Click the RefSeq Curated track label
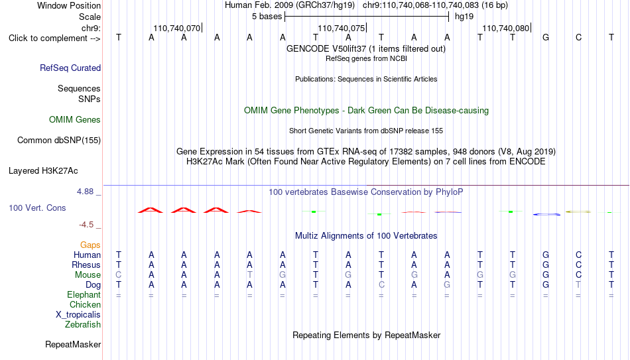click(70, 68)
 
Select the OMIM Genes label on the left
click(75, 120)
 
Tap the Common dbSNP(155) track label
click(59, 141)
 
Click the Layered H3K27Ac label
click(43, 171)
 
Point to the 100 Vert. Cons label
click(37, 208)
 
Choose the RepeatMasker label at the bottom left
click(73, 344)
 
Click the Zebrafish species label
click(83, 324)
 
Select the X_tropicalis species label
click(78, 315)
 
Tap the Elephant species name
click(84, 294)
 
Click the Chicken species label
click(85, 304)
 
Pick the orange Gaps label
click(90, 245)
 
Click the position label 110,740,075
click(342, 28)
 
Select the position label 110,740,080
click(506, 28)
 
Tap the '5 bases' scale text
click(267, 17)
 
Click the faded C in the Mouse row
click(119, 275)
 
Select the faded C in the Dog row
click(381, 285)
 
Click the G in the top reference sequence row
click(546, 37)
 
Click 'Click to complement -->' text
click(54, 38)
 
